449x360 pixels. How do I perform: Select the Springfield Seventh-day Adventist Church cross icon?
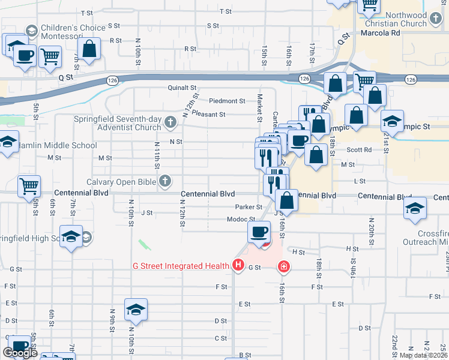(170, 124)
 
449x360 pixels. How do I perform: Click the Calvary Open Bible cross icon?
(164, 181)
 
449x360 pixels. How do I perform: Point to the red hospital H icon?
(238, 265)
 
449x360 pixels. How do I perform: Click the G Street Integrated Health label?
(181, 266)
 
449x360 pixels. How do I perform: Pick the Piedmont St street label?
(227, 101)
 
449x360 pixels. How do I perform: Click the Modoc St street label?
(242, 220)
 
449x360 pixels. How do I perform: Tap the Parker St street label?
(249, 207)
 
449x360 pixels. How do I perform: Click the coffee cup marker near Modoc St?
(259, 232)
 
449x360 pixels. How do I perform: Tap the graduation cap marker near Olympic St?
(392, 122)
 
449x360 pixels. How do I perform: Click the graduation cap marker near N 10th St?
(135, 310)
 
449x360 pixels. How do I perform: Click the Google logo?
(20, 353)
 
